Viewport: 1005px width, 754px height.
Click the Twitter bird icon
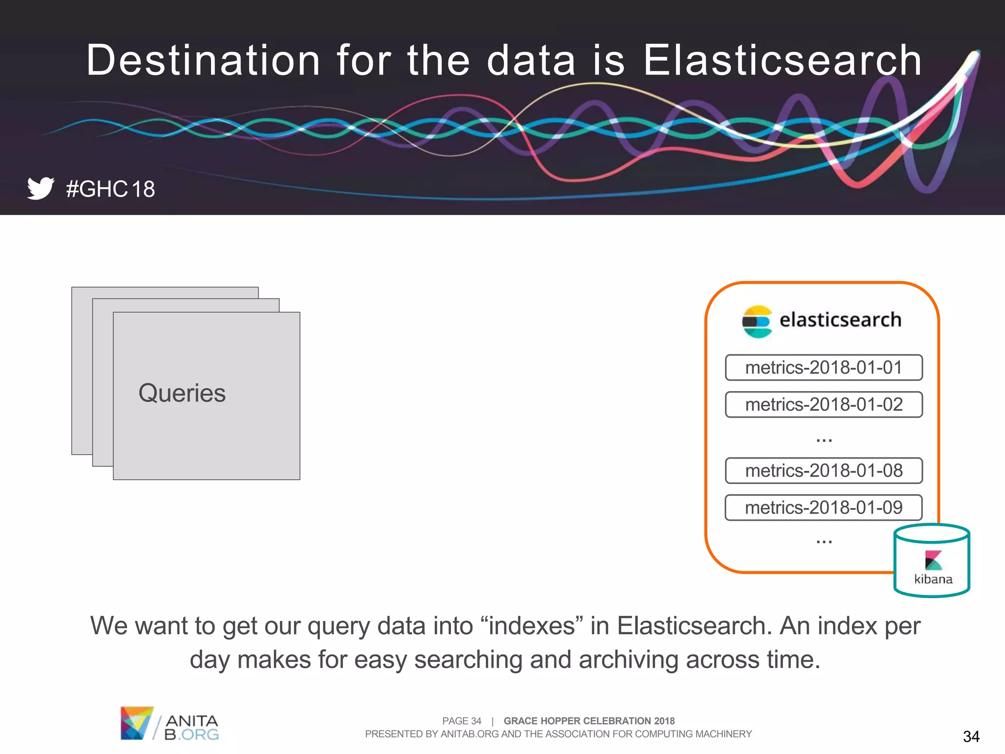[x=40, y=188]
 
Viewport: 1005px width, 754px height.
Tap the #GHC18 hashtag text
[x=110, y=189]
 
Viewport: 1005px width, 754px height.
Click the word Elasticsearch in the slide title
[x=782, y=60]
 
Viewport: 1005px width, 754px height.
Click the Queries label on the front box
[x=182, y=393]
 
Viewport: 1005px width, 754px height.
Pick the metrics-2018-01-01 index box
[x=823, y=368]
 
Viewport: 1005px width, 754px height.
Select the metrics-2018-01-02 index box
[x=823, y=404]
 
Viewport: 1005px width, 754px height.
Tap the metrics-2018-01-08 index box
[x=823, y=471]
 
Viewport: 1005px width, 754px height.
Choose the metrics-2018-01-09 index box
[x=823, y=508]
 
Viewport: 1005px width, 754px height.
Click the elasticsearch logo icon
[x=757, y=322]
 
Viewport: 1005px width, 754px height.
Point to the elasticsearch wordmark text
[x=840, y=320]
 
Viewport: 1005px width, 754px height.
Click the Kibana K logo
[x=933, y=560]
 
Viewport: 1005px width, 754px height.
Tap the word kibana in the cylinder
[x=933, y=580]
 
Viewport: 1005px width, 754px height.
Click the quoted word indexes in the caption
[x=532, y=626]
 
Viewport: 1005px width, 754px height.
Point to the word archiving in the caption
[x=628, y=660]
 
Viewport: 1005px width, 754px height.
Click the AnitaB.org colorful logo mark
[x=136, y=723]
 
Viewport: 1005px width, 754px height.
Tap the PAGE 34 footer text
[x=461, y=721]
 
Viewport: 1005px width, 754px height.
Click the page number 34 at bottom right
[x=971, y=736]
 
